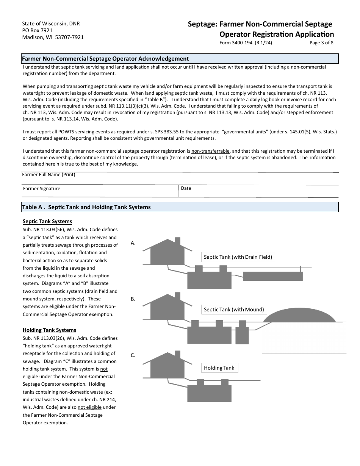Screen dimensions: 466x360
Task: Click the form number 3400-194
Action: (x=246, y=43)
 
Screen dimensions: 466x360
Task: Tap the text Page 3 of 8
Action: (x=321, y=43)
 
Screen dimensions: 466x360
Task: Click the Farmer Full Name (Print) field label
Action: (x=49, y=175)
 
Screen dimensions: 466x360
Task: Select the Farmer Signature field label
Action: (x=42, y=189)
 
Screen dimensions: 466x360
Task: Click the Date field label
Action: (x=186, y=188)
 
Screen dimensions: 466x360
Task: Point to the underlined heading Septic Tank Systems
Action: (x=47, y=222)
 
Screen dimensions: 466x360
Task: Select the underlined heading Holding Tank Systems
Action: (x=49, y=330)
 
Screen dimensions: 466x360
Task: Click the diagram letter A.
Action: (x=133, y=243)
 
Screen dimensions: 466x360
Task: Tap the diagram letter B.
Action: (x=133, y=299)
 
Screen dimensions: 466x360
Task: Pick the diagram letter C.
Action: (x=133, y=355)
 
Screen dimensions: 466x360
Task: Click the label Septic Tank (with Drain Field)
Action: (x=238, y=257)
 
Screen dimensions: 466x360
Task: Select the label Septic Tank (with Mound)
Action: (x=234, y=310)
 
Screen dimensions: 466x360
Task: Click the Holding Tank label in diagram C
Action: (x=219, y=368)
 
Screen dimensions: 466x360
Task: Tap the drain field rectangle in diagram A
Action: (x=272, y=276)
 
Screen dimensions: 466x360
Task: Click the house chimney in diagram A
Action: (x=177, y=241)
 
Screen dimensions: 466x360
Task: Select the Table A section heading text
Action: (x=86, y=207)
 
